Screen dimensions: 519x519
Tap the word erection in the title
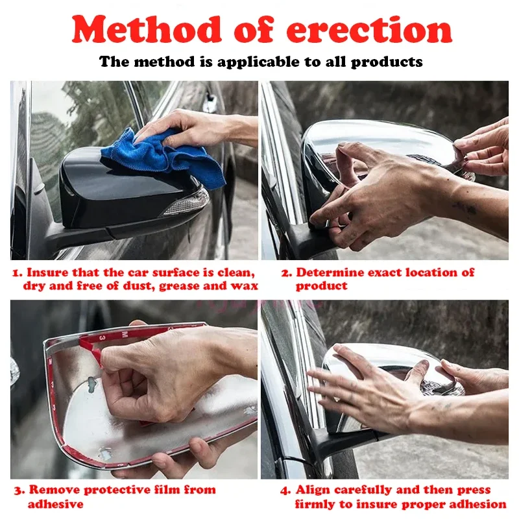pos(369,30)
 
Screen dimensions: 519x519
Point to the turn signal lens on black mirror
pos(187,202)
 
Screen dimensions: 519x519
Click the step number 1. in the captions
pos(18,273)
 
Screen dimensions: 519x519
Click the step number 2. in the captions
pos(287,273)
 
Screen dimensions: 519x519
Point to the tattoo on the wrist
pos(466,208)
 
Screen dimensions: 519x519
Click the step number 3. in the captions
pos(19,490)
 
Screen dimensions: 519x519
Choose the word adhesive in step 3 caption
pos(56,504)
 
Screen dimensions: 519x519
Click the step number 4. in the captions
pos(285,490)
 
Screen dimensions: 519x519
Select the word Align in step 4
pos(313,490)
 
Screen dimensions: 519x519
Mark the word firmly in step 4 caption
pos(315,505)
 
